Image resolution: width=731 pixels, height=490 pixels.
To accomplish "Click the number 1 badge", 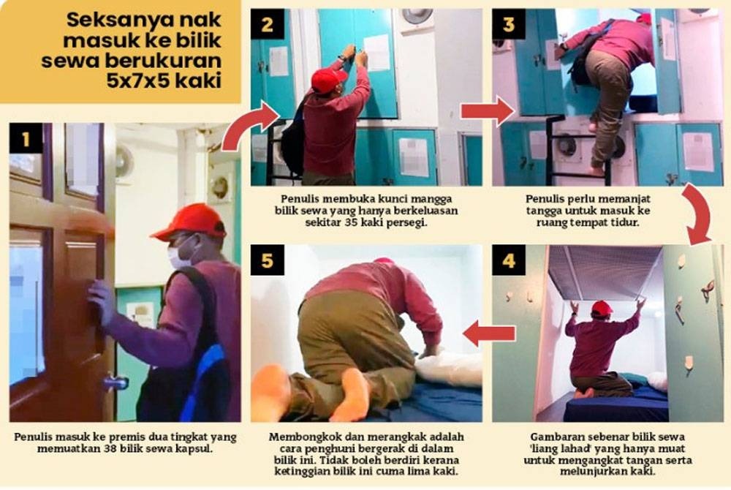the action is coord(26,138).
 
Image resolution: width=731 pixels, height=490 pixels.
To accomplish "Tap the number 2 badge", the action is coord(267,24).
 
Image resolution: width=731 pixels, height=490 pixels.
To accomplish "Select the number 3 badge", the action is coord(509,24).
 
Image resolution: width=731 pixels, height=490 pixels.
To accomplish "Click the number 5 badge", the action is coord(267,260).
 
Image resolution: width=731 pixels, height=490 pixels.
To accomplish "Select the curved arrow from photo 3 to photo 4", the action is coord(697,214).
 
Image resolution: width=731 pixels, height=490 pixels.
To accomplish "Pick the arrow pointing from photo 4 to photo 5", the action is coord(490,333).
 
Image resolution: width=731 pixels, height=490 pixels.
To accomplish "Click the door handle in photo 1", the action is coord(115,382).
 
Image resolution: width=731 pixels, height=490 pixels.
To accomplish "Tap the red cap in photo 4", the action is coord(602,308).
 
